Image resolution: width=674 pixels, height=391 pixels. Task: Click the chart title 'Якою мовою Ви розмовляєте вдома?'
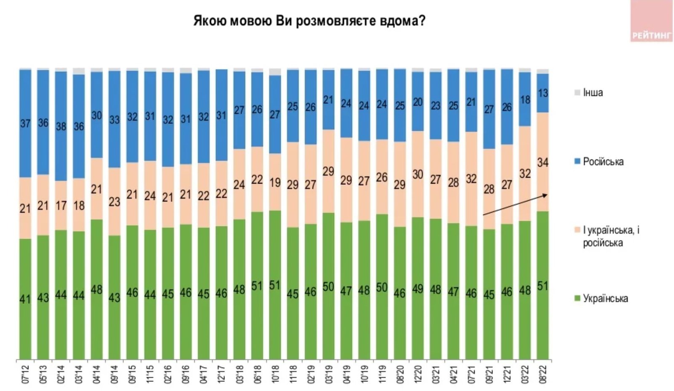309,21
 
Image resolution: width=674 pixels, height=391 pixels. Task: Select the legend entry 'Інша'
592,92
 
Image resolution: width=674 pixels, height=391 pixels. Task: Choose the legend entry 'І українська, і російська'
610,236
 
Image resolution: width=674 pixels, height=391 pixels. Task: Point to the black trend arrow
515,205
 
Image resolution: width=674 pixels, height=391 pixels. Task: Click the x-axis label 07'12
25,375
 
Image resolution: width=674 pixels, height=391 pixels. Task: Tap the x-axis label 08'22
543,375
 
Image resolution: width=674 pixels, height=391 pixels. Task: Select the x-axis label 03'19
329,375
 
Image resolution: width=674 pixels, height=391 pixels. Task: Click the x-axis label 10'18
275,375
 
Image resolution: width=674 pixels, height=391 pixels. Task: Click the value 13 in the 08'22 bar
543,93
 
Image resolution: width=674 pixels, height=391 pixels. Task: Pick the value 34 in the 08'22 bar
543,162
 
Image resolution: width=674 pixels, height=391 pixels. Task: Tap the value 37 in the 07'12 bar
25,123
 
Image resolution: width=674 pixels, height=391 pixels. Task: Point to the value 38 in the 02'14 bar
61,126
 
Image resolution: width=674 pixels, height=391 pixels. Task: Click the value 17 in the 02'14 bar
61,205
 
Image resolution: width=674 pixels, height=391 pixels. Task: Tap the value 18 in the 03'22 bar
525,100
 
